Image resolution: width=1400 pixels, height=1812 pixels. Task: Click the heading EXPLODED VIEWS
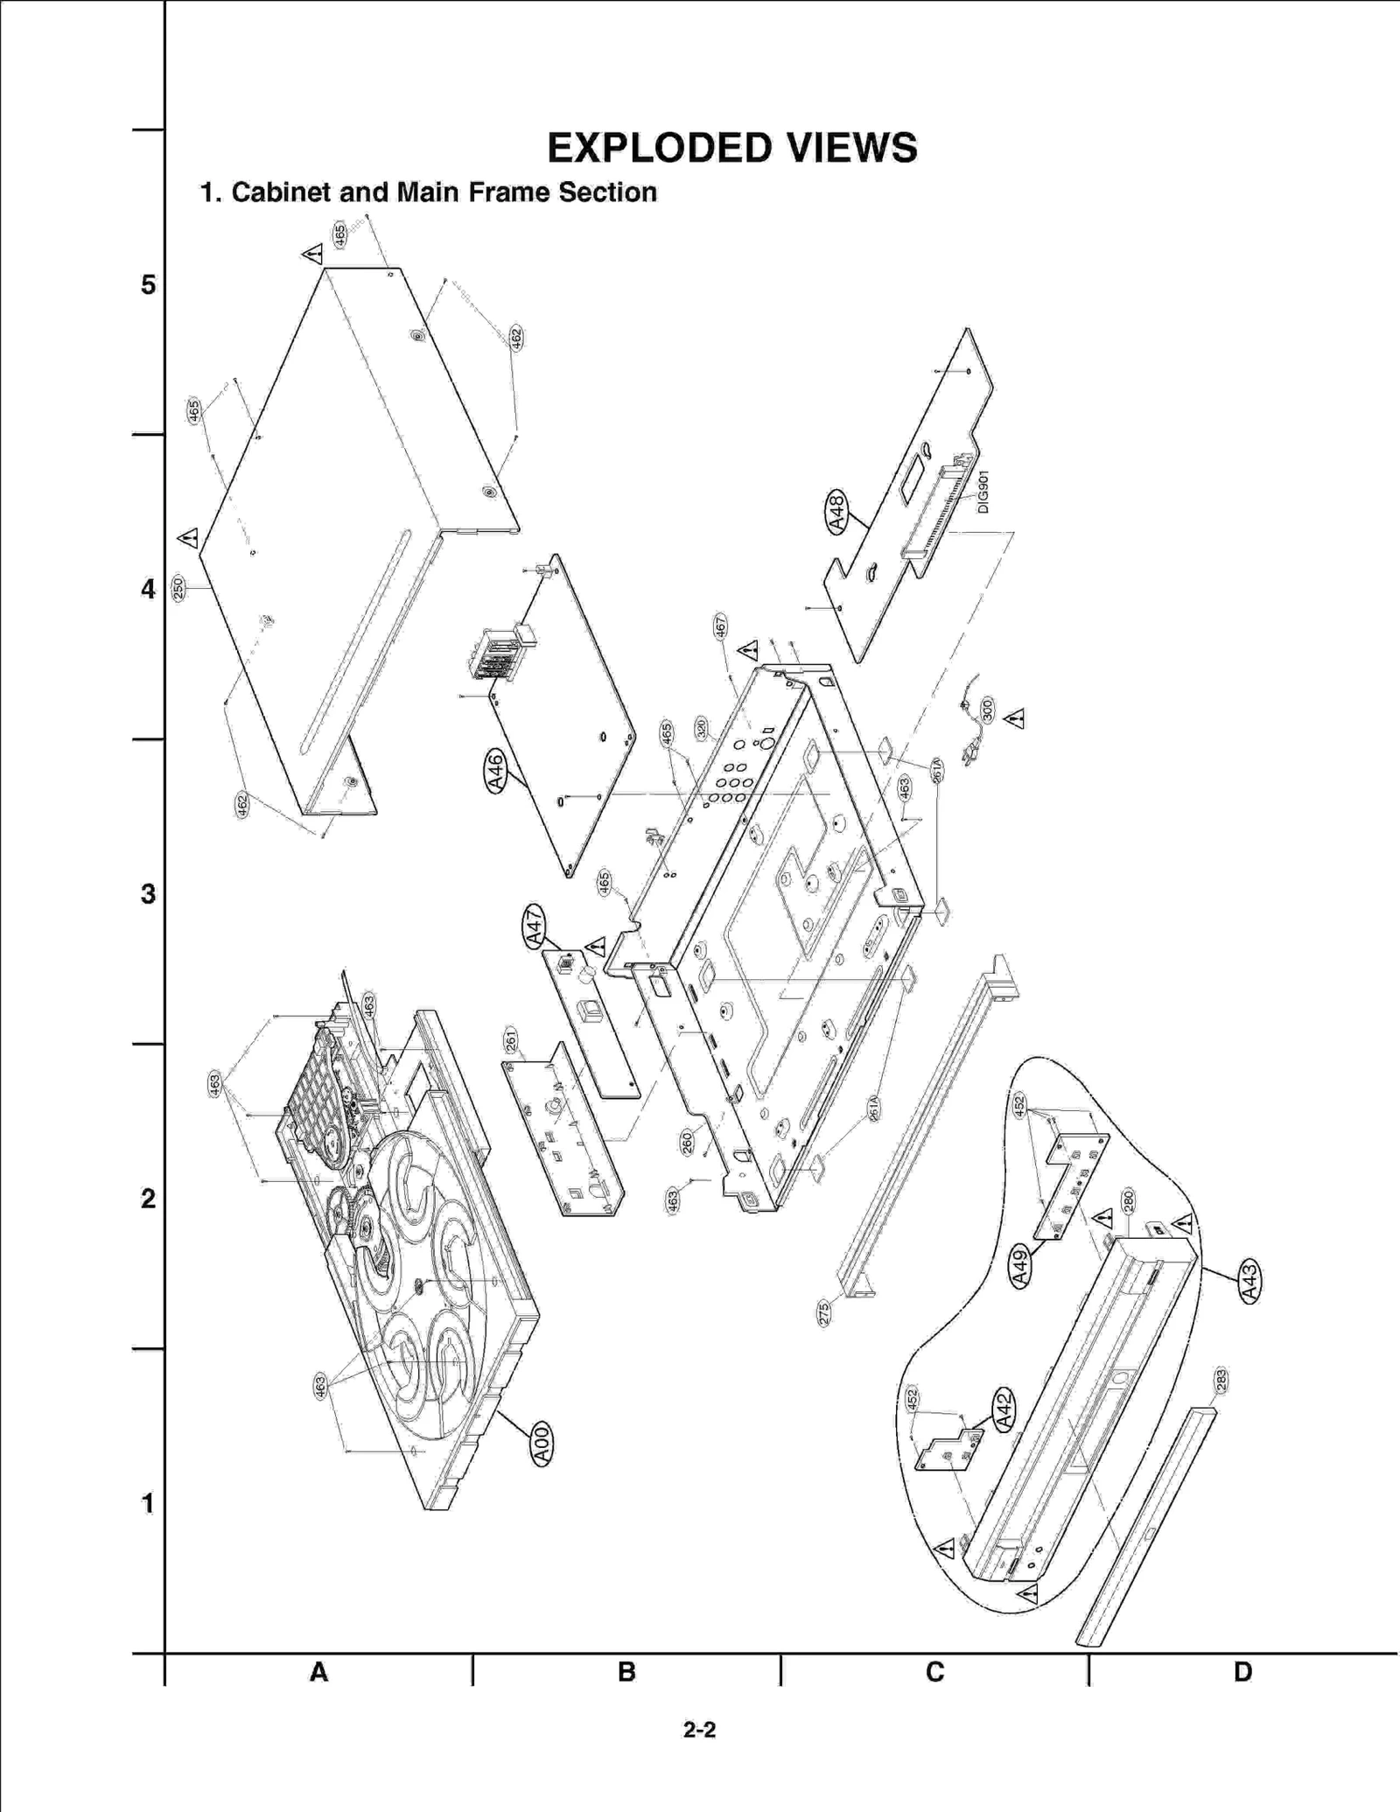pos(732,148)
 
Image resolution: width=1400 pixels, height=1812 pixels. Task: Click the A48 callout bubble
pos(836,514)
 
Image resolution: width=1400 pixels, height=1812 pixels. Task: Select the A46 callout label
pos(495,772)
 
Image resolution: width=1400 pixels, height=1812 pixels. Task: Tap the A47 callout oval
pos(535,927)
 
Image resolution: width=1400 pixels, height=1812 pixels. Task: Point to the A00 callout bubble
pos(542,1445)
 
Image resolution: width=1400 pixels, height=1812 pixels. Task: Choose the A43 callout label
pos(1249,1283)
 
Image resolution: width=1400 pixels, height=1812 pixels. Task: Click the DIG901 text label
pos(983,492)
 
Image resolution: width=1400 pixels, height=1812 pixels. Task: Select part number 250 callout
pos(178,588)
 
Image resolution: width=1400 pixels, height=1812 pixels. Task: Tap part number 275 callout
pos(823,1313)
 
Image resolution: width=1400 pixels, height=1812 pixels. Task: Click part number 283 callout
pos(1221,1380)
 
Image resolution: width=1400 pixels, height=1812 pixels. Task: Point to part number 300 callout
pos(988,710)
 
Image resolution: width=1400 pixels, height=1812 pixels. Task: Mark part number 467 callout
pos(720,626)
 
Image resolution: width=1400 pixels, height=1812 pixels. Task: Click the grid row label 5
pos(149,285)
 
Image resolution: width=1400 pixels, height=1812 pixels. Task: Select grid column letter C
pos(934,1672)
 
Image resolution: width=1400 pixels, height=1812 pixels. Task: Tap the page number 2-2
pos(699,1730)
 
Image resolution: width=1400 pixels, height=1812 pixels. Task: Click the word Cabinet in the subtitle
pos(281,192)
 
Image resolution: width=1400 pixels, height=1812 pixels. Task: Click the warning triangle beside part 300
pos(1015,719)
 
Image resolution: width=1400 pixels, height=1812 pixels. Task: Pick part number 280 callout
pos(1129,1200)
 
